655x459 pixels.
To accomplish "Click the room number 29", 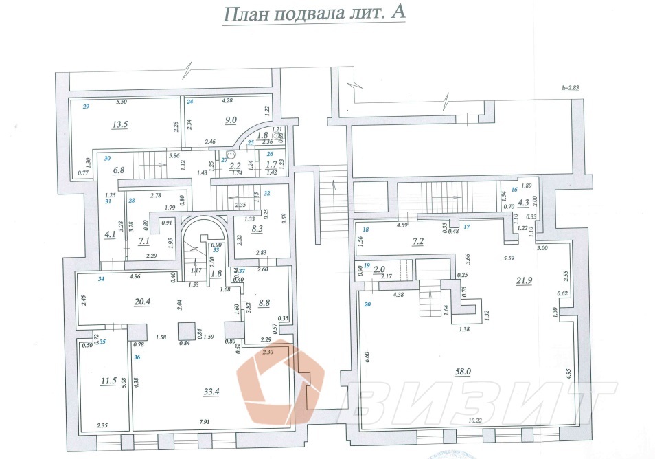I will pos(87,107).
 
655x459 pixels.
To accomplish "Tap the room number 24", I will pos(190,102).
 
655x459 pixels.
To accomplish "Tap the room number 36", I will pos(137,357).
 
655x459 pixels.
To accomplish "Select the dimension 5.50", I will pos(122,102).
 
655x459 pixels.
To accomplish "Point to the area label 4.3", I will pos(522,202).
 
